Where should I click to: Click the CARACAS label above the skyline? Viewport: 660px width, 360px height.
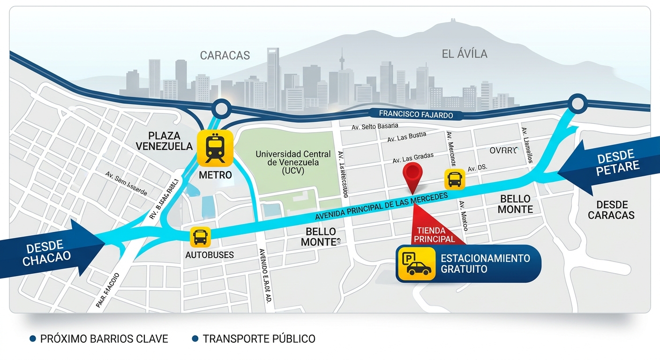pyautogui.click(x=225, y=55)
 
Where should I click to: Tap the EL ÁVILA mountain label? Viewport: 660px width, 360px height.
pyautogui.click(x=465, y=54)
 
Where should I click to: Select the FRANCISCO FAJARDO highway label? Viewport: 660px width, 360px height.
pyautogui.click(x=416, y=113)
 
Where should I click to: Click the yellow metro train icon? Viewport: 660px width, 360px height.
pyautogui.click(x=215, y=148)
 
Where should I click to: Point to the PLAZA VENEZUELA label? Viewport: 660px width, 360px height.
pyautogui.click(x=164, y=141)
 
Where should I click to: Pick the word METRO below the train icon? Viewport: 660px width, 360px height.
pyautogui.click(x=215, y=175)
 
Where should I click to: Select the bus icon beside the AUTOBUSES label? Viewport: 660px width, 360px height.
pyautogui.click(x=200, y=237)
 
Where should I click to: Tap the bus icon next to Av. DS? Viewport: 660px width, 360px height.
pyautogui.click(x=454, y=179)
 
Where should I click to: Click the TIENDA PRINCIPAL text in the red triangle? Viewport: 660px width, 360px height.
pyautogui.click(x=434, y=235)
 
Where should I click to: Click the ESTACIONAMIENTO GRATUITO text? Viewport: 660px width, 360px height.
pyautogui.click(x=485, y=264)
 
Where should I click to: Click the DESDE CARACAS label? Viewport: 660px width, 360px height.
pyautogui.click(x=611, y=210)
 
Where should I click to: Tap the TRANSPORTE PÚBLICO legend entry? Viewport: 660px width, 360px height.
pyautogui.click(x=258, y=338)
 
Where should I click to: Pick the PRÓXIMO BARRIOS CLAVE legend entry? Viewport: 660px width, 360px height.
pyautogui.click(x=104, y=338)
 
